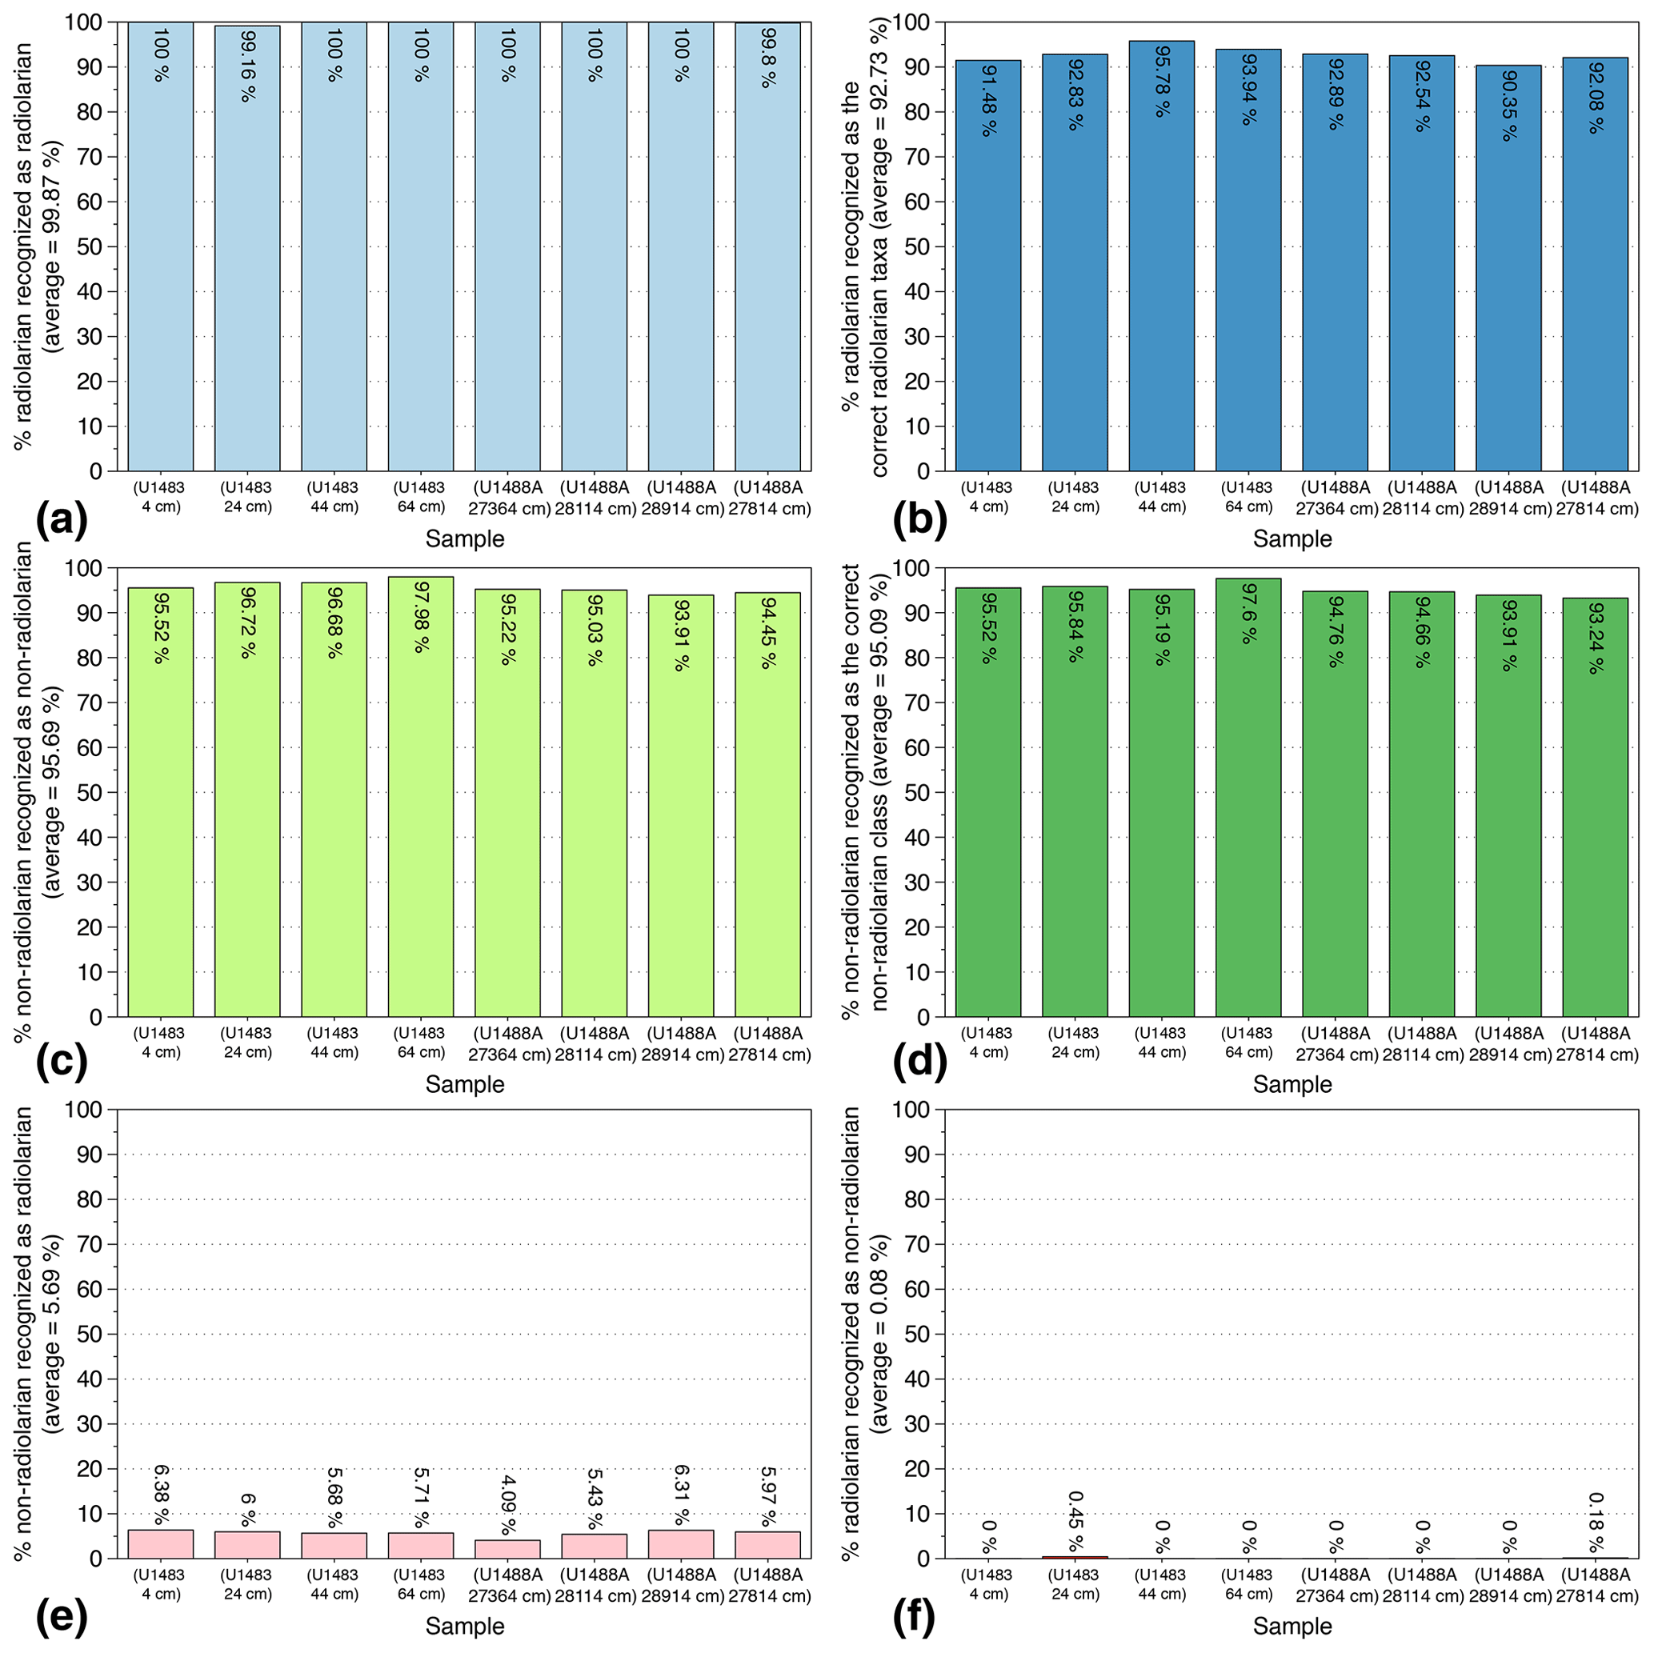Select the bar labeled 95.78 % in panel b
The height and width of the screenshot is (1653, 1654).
coord(1161,257)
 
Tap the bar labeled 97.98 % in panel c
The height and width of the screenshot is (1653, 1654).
coord(420,796)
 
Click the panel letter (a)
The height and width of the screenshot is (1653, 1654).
coord(62,518)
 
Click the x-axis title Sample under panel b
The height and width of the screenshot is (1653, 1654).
coord(1292,539)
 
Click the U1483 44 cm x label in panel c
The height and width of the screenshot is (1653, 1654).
coord(333,1043)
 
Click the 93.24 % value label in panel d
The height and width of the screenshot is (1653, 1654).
coord(1595,638)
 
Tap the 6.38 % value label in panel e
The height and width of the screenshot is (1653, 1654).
coord(161,1495)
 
